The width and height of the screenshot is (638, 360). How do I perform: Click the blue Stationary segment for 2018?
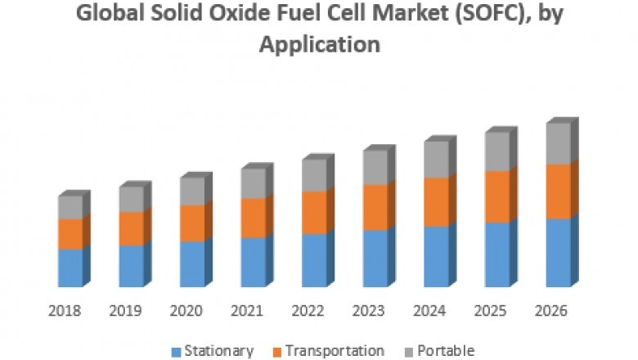coord(70,268)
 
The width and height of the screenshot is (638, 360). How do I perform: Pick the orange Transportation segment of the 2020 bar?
coord(191,223)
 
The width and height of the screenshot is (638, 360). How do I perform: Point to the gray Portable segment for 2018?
coord(70,207)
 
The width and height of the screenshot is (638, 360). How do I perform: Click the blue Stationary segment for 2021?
coord(253,262)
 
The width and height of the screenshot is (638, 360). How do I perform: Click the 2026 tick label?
coord(550,311)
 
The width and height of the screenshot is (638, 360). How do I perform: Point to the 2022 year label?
coord(307,311)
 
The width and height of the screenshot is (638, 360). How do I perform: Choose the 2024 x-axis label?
coord(429,311)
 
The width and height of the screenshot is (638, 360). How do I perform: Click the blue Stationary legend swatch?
coord(176,352)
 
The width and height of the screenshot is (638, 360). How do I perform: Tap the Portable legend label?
coord(445,351)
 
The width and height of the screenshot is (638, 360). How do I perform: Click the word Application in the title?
coord(319,45)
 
